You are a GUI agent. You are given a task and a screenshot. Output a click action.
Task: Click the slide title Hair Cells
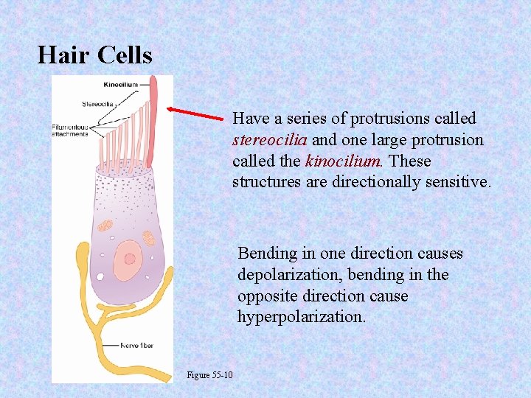[94, 55]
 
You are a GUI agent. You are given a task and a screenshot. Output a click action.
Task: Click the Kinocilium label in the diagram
[121, 85]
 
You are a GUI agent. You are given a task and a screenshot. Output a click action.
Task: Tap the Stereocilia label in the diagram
[97, 104]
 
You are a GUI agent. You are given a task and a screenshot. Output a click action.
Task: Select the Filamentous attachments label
[70, 130]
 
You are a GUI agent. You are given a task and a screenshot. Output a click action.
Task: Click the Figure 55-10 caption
[209, 375]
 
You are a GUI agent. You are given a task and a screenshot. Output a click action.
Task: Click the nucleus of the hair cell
[129, 258]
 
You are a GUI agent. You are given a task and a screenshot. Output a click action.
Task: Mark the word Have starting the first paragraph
[248, 119]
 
